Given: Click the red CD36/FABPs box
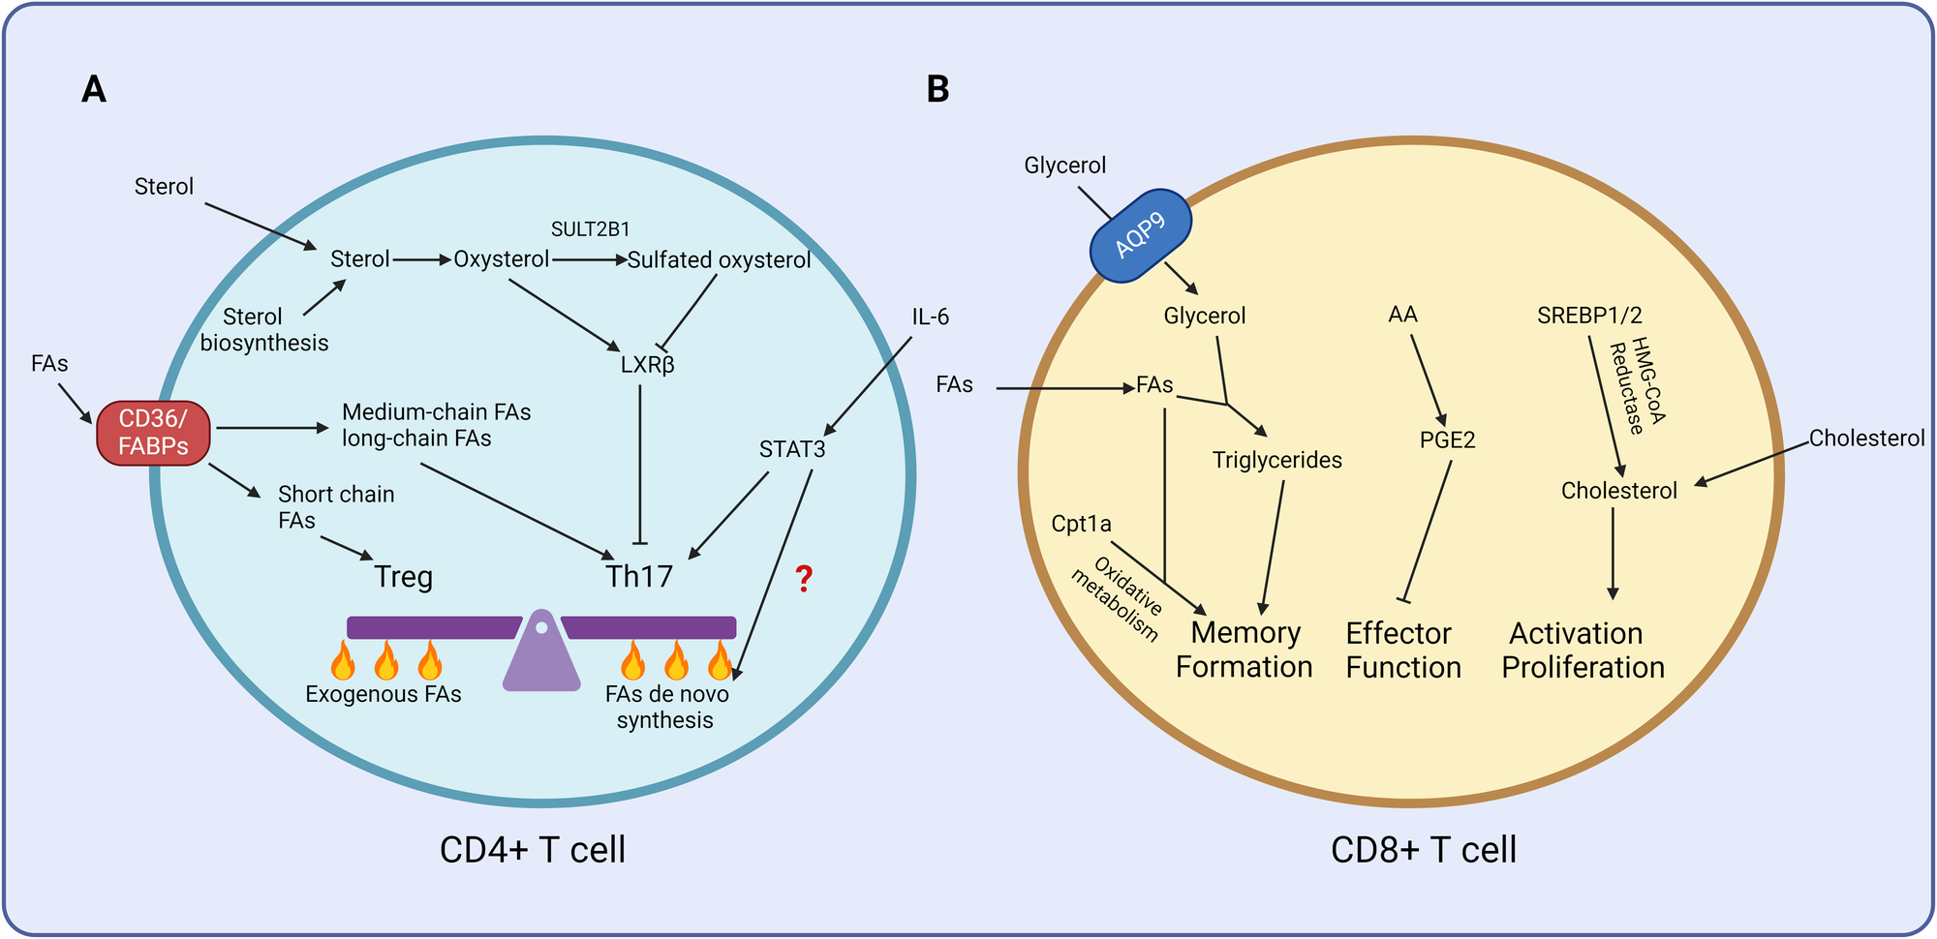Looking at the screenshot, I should click(153, 433).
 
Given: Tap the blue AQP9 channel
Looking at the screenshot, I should click(1140, 236).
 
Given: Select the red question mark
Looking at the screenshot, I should click(804, 579).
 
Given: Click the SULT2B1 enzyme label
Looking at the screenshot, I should click(590, 229).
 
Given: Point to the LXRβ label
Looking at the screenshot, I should click(647, 365).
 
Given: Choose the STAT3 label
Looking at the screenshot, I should click(792, 449).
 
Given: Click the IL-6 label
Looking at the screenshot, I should click(930, 318).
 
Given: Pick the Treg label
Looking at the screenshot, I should click(403, 577).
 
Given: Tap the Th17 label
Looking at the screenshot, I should click(638, 577).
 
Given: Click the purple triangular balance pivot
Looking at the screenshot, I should click(541, 652).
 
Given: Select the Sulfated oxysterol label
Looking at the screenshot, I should click(719, 260).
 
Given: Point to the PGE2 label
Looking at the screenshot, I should click(1447, 440).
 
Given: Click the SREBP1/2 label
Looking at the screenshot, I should click(1589, 316).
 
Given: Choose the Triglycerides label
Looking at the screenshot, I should click(1276, 461).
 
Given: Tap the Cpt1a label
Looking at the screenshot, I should click(1081, 525).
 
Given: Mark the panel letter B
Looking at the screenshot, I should click(938, 89).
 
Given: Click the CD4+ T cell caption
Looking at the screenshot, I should click(532, 850).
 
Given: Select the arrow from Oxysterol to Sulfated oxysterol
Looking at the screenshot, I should click(589, 260).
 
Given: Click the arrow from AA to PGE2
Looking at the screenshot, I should click(1428, 378).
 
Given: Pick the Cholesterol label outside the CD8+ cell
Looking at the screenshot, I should click(1866, 439).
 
